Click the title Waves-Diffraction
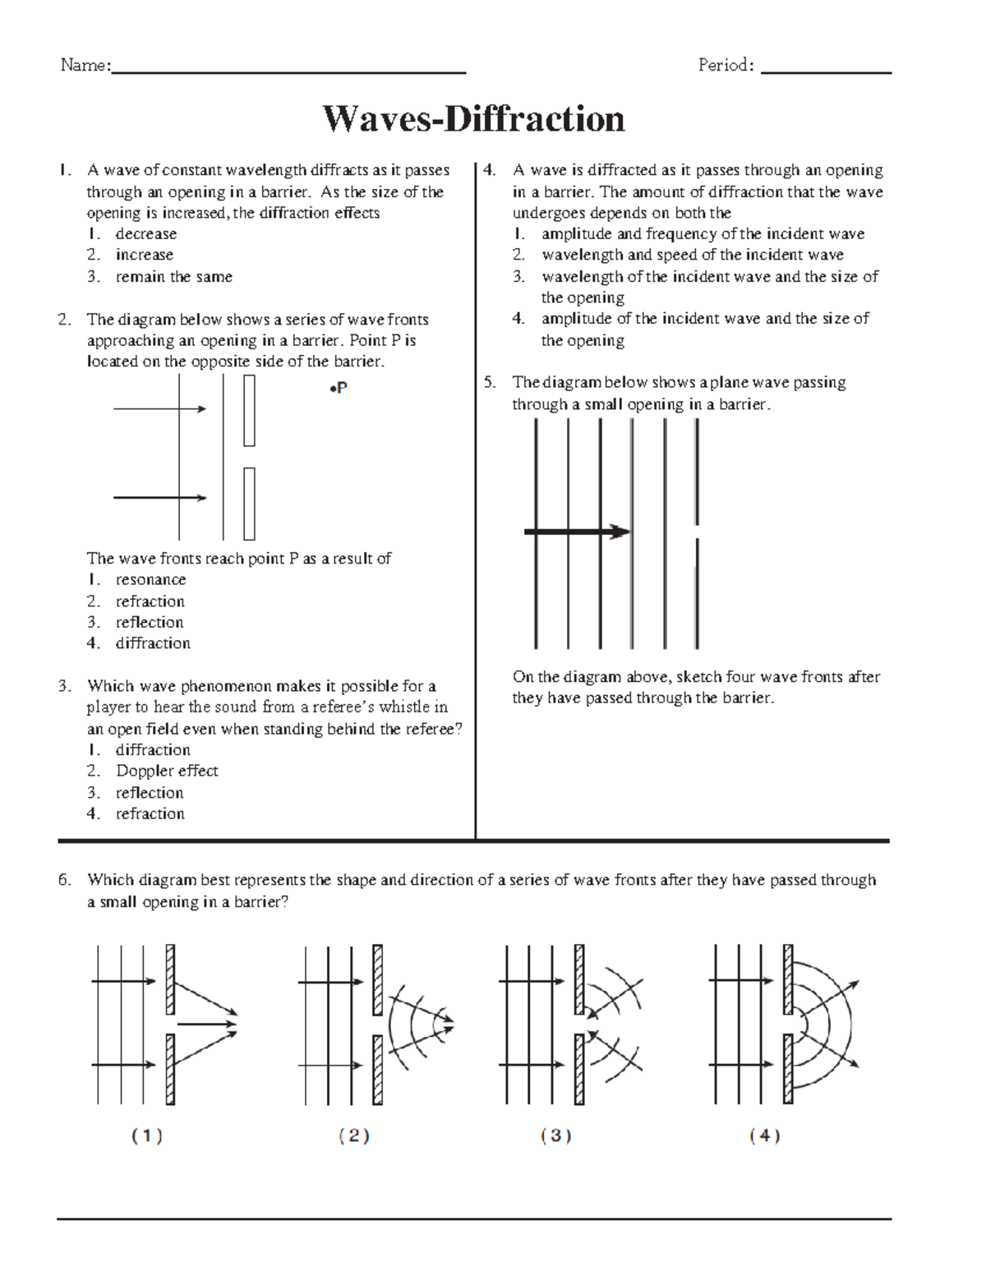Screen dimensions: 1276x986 (x=473, y=119)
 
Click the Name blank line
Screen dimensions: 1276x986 (x=288, y=72)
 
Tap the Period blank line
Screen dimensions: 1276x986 (x=826, y=72)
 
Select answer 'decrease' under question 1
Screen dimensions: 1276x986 (x=145, y=234)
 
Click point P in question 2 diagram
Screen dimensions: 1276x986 (x=333, y=389)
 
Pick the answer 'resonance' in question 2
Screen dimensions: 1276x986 (x=150, y=580)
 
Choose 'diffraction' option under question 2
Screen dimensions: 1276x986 (x=153, y=643)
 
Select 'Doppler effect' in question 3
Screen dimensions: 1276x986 (x=167, y=772)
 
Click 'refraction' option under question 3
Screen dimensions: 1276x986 (x=150, y=814)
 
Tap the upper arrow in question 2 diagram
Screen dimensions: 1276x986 (x=159, y=408)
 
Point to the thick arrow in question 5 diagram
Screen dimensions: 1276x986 (x=576, y=532)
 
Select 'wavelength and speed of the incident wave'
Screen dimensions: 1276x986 (x=692, y=256)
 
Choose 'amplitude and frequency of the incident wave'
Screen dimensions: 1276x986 (x=703, y=234)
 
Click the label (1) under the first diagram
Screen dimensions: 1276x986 (x=147, y=1136)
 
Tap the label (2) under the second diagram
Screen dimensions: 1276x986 (x=354, y=1136)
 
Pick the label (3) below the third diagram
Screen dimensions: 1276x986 (x=556, y=1136)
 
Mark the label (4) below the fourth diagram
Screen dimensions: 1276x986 (x=765, y=1136)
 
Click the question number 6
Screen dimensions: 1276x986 (x=65, y=881)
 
